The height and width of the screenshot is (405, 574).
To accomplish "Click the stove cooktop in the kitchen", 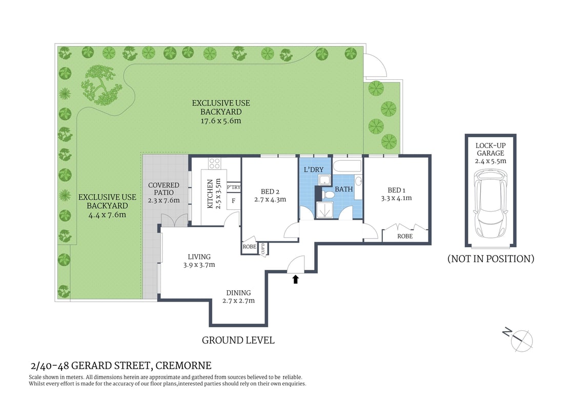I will tap(214, 163).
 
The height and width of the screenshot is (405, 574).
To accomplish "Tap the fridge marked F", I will tap(234, 200).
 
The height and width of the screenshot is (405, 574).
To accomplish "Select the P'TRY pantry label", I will tap(234, 187).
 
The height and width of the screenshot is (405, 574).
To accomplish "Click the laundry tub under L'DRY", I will tap(324, 179).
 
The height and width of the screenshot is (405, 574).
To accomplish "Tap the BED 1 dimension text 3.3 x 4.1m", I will tap(396, 198).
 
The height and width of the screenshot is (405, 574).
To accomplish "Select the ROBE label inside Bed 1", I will tap(405, 237).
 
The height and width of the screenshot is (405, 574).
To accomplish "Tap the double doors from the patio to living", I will tap(168, 221).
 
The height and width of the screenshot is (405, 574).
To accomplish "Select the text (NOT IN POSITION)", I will tap(490, 259).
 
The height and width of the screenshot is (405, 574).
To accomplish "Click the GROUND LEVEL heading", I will tap(238, 340).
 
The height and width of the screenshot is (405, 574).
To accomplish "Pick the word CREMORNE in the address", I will tap(183, 366).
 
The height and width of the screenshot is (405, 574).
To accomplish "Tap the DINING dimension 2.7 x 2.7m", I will tap(238, 301).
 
